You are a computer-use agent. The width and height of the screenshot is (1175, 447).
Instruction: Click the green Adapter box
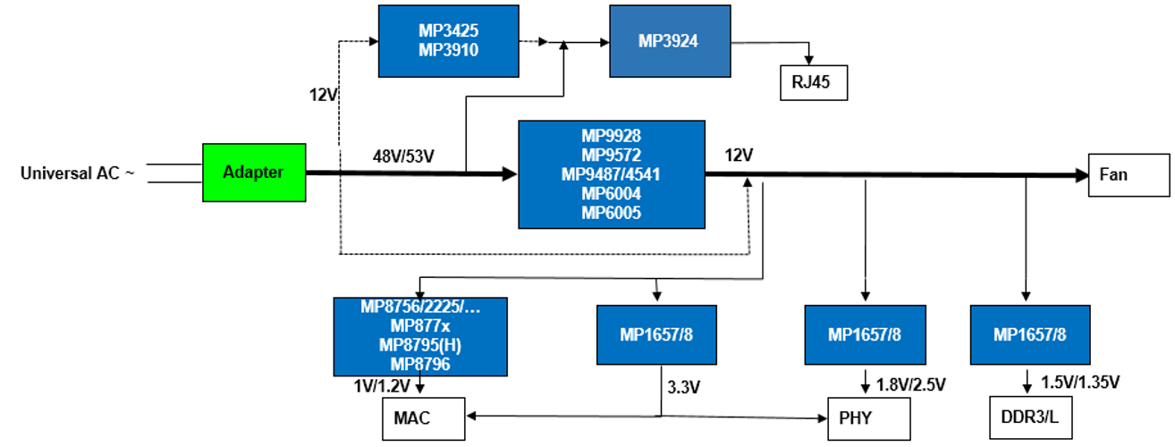coord(254,172)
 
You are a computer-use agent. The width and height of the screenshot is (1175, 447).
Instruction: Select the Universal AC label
coord(77,173)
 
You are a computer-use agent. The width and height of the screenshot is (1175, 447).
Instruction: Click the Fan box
coord(1129,174)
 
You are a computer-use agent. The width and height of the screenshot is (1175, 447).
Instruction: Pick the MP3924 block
coord(670,41)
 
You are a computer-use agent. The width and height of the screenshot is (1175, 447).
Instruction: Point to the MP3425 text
coord(449,30)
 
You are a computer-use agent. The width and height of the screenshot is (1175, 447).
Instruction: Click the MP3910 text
coord(449,50)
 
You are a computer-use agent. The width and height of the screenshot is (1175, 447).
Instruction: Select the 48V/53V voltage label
coord(403,156)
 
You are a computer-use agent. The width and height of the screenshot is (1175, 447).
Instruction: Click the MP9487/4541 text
coord(611,173)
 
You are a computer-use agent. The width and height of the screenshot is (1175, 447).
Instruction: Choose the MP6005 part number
coord(611,213)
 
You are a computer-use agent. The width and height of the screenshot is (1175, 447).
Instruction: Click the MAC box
coord(420,418)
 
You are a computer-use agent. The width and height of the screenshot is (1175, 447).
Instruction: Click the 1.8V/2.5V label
coord(910,385)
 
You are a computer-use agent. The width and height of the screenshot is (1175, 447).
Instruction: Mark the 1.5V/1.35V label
coord(1081,382)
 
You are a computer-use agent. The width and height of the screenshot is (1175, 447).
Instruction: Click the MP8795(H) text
coord(420,345)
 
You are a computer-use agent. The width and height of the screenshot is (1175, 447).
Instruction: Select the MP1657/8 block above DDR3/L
coord(1030,335)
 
